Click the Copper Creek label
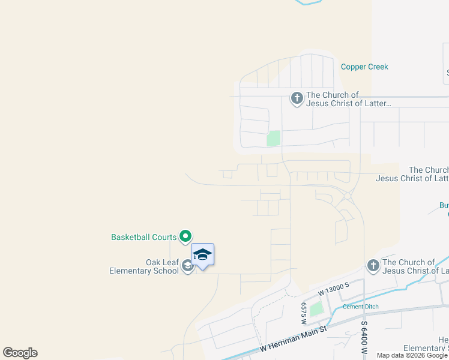point(364,67)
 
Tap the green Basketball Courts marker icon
point(185,237)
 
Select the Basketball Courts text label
point(143,237)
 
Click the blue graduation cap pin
point(202,255)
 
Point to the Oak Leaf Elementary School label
point(144,266)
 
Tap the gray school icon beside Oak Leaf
point(188,266)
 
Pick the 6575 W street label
point(304,310)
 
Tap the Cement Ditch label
point(360,307)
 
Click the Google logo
point(20,353)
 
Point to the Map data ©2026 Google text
point(412,355)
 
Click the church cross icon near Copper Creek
point(297,98)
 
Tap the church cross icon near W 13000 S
point(373,266)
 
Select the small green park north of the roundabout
point(274,138)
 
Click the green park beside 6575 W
point(316,310)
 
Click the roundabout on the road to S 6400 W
point(347,196)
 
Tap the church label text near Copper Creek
point(348,99)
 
